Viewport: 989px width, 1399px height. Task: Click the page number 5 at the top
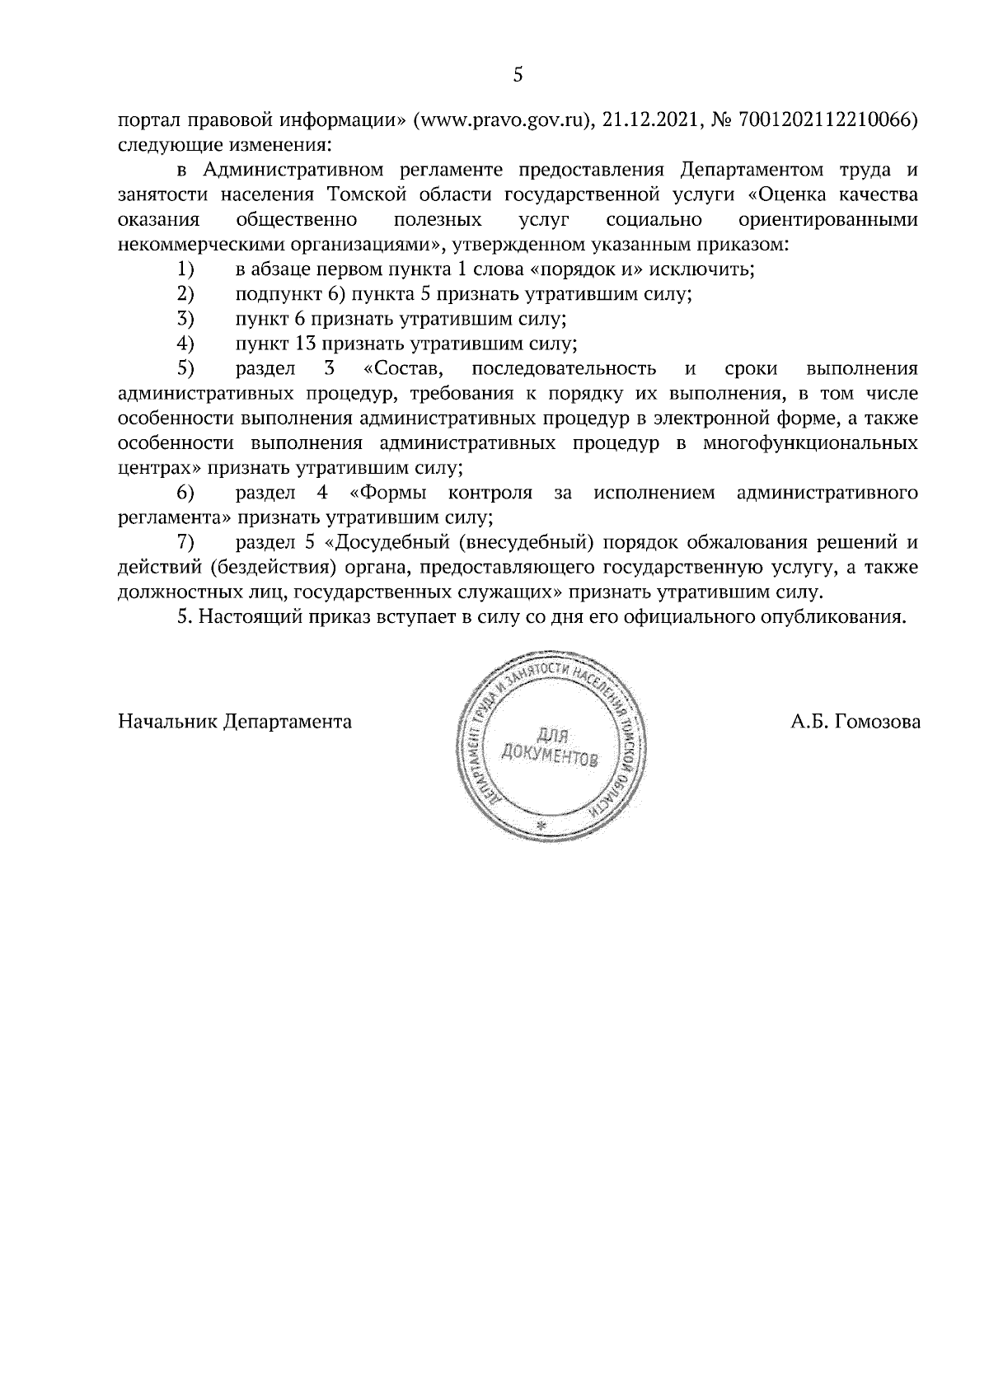518,75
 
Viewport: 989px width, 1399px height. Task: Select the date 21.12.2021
648,120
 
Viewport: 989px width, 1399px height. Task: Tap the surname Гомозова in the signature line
878,723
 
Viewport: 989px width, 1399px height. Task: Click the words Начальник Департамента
235,723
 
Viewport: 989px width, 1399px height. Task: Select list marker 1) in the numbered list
185,269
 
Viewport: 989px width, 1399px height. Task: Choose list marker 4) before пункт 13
185,344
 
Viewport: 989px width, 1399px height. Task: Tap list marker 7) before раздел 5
185,543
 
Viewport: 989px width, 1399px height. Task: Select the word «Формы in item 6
392,494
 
